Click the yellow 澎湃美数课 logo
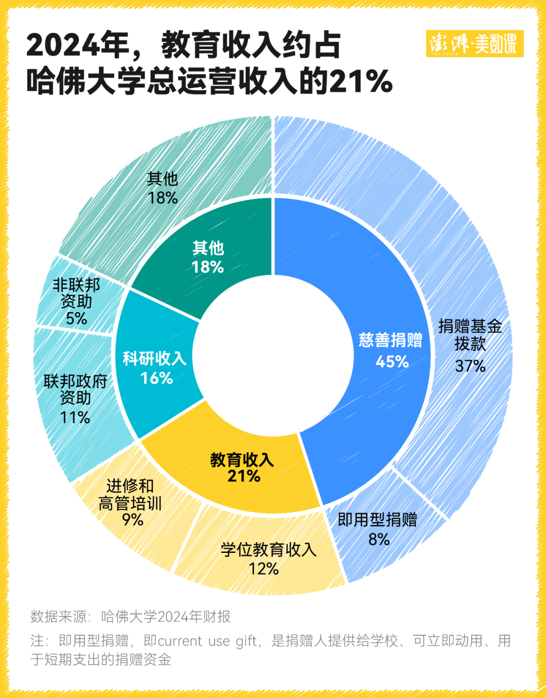click(x=474, y=43)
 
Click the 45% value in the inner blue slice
click(x=392, y=362)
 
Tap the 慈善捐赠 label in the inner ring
click(x=390, y=340)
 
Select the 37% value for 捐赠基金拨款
click(x=470, y=366)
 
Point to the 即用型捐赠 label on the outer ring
click(x=377, y=519)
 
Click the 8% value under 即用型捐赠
click(x=379, y=540)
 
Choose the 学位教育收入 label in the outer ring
click(x=268, y=550)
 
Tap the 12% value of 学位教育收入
click(x=264, y=569)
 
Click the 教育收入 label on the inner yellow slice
click(x=242, y=460)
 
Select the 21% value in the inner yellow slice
click(x=244, y=476)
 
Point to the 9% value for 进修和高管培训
click(x=132, y=519)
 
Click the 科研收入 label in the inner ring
click(x=155, y=359)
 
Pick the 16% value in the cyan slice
click(x=156, y=378)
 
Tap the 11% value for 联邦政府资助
click(x=75, y=418)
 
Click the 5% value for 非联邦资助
click(x=76, y=319)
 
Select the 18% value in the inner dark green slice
click(x=207, y=267)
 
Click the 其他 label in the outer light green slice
click(x=162, y=179)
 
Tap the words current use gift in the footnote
click(x=207, y=641)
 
